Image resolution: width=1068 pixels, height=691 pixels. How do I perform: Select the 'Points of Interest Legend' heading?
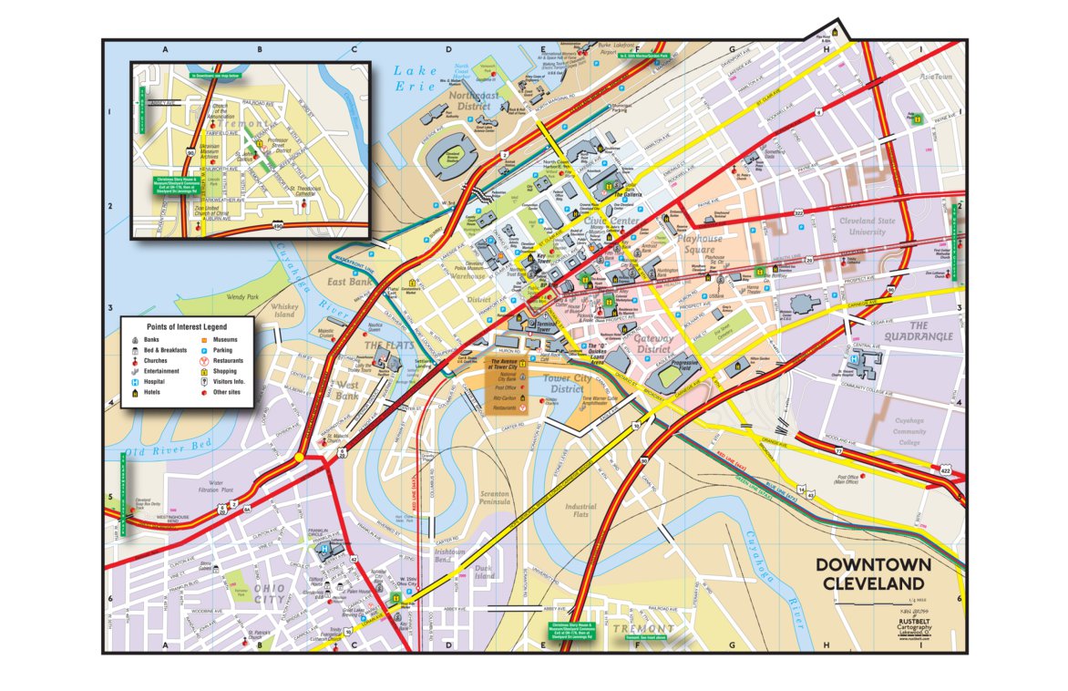pyautogui.click(x=187, y=325)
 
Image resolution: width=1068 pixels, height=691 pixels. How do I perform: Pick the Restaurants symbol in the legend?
pyautogui.click(x=204, y=361)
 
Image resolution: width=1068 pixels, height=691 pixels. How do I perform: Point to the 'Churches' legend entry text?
pyautogui.click(x=155, y=361)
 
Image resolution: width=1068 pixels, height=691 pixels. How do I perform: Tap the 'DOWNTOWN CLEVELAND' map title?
pyautogui.click(x=873, y=573)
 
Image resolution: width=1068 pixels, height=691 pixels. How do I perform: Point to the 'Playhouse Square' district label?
pyautogui.click(x=700, y=243)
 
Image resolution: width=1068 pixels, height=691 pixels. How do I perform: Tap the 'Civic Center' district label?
pyautogui.click(x=611, y=221)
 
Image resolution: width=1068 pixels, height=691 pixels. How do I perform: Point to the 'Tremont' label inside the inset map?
pyautogui.click(x=244, y=124)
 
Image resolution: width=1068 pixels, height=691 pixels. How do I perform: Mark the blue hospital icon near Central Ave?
pyautogui.click(x=853, y=361)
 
